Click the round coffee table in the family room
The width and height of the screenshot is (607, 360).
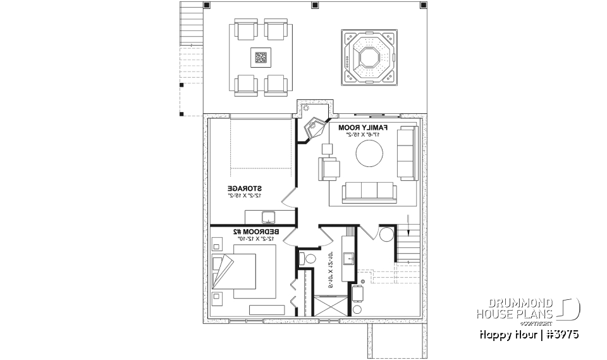(x=369, y=153)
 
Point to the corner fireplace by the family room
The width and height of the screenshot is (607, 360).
(x=313, y=130)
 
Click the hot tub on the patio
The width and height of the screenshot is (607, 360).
(x=368, y=57)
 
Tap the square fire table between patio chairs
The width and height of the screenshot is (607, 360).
(x=261, y=58)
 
